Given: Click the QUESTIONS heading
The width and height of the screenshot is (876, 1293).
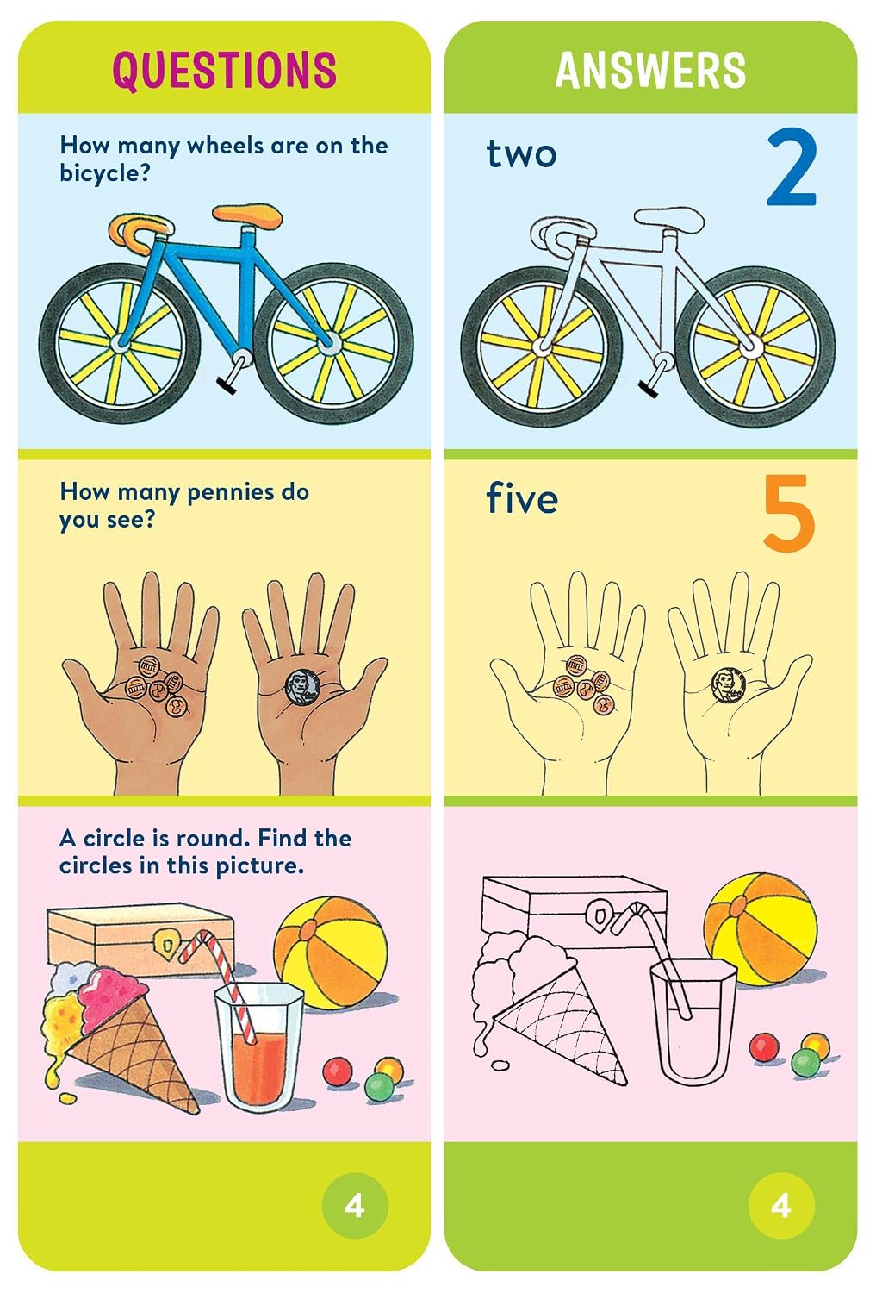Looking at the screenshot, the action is (224, 72).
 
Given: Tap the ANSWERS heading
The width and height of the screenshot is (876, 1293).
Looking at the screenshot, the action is (650, 71).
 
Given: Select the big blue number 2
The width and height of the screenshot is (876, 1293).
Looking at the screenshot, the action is (792, 168).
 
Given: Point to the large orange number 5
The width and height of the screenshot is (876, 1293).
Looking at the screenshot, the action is (789, 512).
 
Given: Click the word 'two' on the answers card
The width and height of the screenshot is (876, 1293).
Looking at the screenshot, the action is (521, 154).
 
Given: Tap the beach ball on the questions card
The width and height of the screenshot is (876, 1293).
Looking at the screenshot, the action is (331, 953).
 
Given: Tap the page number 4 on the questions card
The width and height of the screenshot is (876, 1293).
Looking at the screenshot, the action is (355, 1207).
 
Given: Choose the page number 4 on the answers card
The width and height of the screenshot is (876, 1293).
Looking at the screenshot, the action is (781, 1207).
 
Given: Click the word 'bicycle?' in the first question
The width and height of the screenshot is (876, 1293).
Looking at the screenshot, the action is (104, 173).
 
